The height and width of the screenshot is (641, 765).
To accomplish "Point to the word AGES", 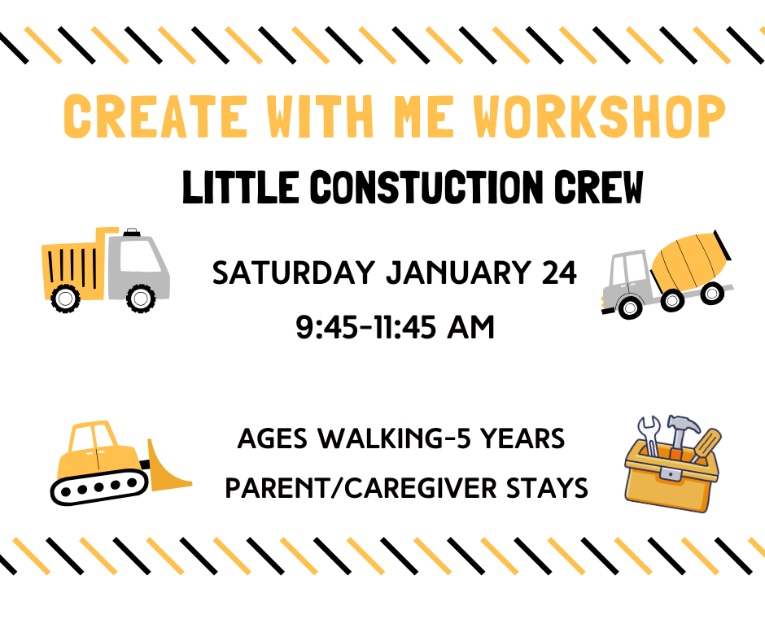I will pos(274,440).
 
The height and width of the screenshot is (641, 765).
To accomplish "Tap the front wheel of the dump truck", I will pos(141,299).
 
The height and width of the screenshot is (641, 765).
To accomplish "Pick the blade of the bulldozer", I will pos(169,472).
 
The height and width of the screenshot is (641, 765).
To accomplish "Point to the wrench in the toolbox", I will pos(650,435).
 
